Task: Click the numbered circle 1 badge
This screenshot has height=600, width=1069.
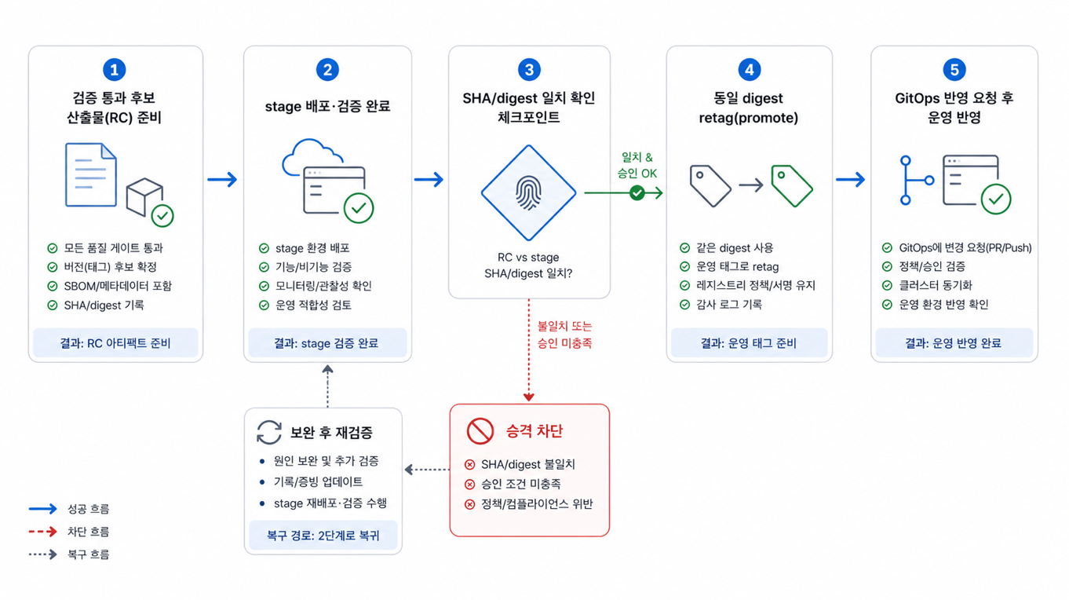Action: click(x=115, y=70)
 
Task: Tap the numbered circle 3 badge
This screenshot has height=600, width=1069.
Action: click(x=529, y=70)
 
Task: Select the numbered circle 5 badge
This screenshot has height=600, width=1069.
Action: click(x=954, y=70)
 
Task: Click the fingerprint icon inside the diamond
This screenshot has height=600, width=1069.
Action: click(x=528, y=193)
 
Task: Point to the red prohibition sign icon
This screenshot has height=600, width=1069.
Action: click(x=480, y=431)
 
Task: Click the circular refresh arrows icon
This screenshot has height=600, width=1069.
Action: click(x=269, y=432)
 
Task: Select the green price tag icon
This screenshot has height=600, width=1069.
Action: click(x=792, y=185)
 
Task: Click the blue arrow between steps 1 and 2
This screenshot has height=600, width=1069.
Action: click(x=222, y=180)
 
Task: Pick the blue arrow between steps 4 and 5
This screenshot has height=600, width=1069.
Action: click(x=851, y=180)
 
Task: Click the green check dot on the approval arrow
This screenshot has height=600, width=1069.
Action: click(x=637, y=193)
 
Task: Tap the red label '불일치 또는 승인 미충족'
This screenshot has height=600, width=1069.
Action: click(x=564, y=335)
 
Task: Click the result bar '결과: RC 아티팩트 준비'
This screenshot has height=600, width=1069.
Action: click(x=115, y=342)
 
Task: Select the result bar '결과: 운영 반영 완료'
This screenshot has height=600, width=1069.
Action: click(x=954, y=342)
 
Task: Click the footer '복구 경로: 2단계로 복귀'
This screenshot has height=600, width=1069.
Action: click(x=323, y=535)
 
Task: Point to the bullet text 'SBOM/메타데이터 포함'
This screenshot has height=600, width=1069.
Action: click(x=118, y=286)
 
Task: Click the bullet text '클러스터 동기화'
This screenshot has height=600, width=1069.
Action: click(x=936, y=285)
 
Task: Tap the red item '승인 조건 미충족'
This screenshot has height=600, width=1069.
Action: click(x=520, y=484)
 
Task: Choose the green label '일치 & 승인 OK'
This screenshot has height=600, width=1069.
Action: click(x=637, y=165)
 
